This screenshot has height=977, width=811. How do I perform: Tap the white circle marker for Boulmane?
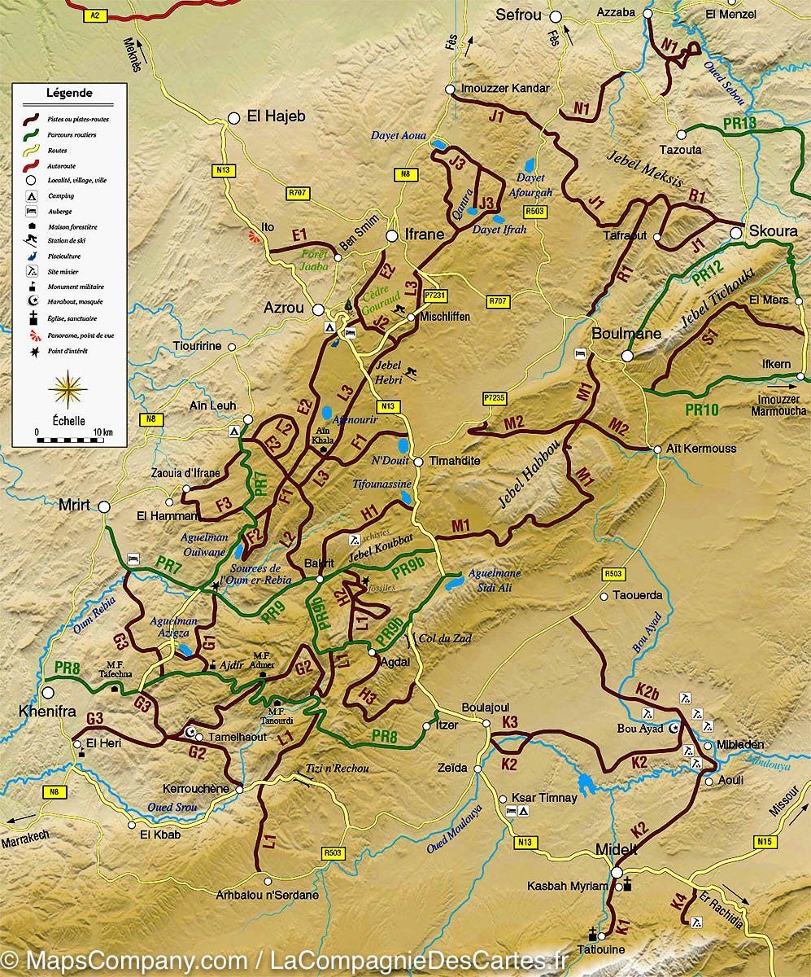pyautogui.click(x=627, y=356)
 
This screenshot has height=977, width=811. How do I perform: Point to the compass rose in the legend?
pyautogui.click(x=68, y=389)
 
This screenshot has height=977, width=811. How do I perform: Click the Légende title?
pyautogui.click(x=69, y=93)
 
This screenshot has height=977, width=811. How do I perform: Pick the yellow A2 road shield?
pyautogui.click(x=96, y=15)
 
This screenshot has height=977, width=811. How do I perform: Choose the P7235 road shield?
pyautogui.click(x=495, y=398)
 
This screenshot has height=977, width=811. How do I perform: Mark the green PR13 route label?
pyautogui.click(x=739, y=124)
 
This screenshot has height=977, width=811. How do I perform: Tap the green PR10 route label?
pyautogui.click(x=701, y=410)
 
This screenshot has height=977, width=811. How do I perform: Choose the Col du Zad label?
pyautogui.click(x=444, y=638)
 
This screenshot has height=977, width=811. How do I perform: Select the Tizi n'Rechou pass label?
pyautogui.click(x=337, y=768)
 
